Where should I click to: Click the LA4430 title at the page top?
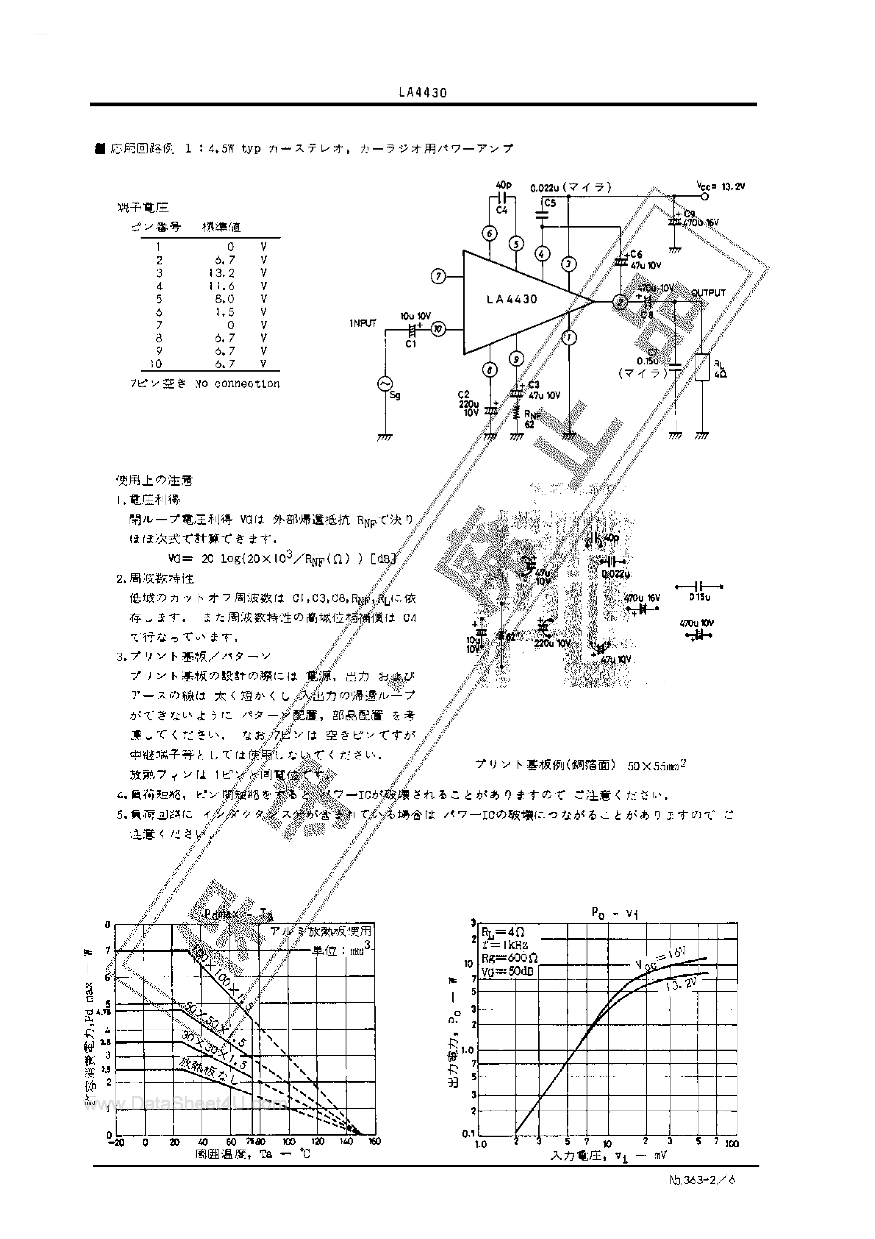pos(423,92)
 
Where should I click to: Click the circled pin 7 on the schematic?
pos(439,277)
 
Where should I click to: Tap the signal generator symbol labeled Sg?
pos(385,383)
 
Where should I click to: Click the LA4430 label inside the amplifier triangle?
pos(512,300)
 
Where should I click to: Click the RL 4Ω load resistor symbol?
pos(702,367)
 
